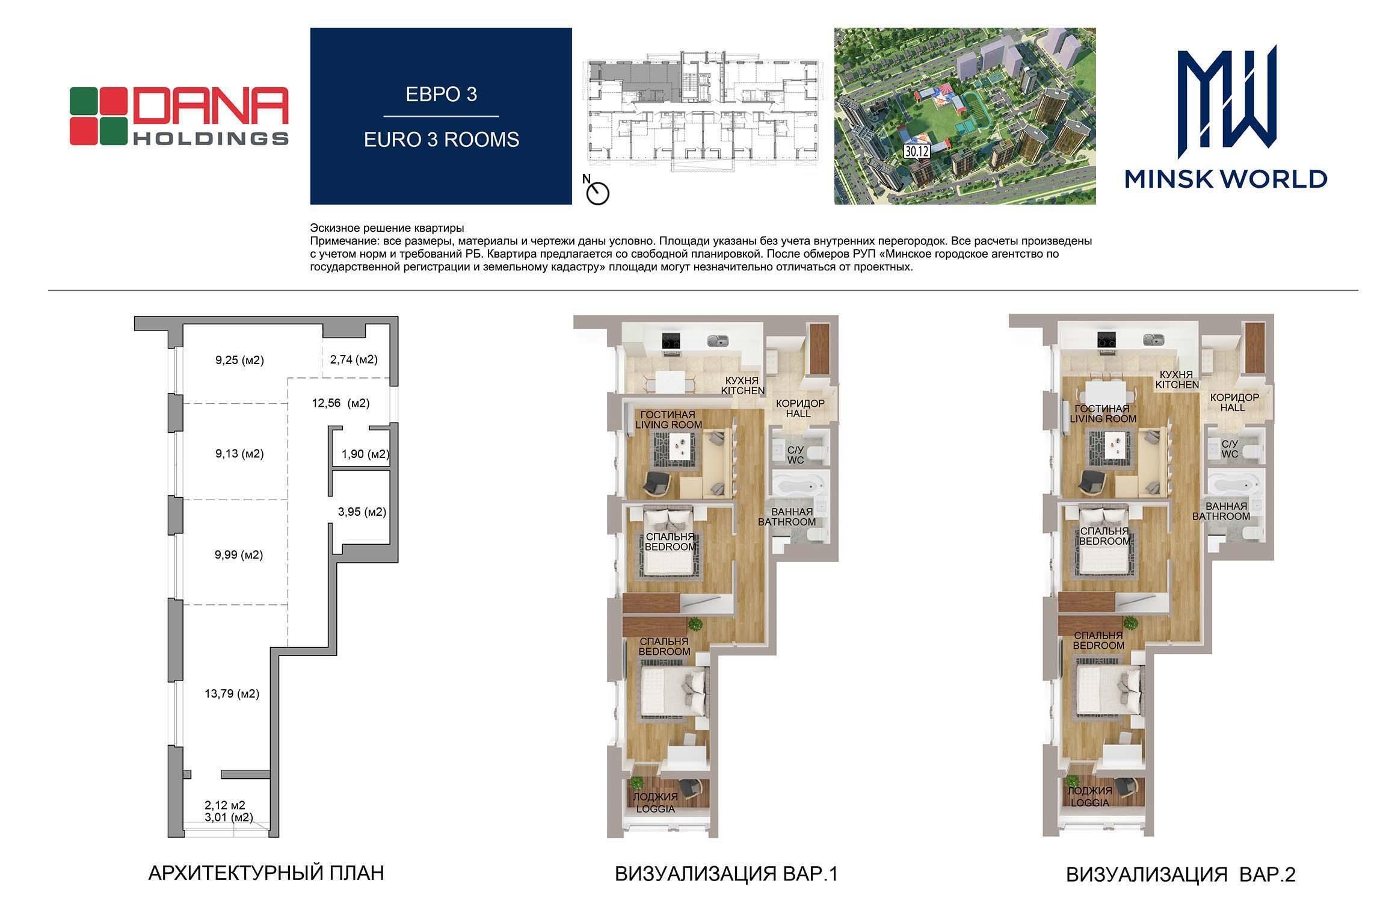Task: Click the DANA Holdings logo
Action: (x=179, y=116)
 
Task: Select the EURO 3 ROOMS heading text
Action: (x=442, y=140)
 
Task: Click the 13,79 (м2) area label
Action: (x=232, y=694)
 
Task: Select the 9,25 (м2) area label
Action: (x=240, y=361)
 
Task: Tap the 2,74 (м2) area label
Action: (x=354, y=360)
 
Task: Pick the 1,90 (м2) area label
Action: (x=365, y=454)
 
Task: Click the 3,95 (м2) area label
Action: (x=362, y=512)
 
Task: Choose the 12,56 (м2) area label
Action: (x=340, y=403)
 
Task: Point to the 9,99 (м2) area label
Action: (x=239, y=555)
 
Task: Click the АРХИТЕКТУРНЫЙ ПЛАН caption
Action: (x=266, y=873)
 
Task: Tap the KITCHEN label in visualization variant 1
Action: (x=743, y=391)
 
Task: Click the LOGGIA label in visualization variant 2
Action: (x=1089, y=803)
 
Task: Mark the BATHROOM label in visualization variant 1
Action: (x=787, y=522)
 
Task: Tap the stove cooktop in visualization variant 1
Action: (x=671, y=341)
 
